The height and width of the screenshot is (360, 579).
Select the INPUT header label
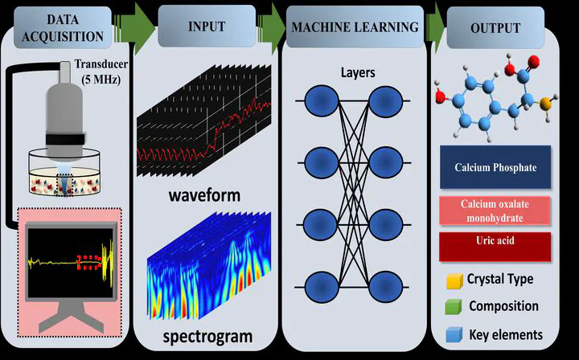[207, 27]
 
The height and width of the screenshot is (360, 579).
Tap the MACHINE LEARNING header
[355, 27]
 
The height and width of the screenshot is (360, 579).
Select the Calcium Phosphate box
[495, 168]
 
